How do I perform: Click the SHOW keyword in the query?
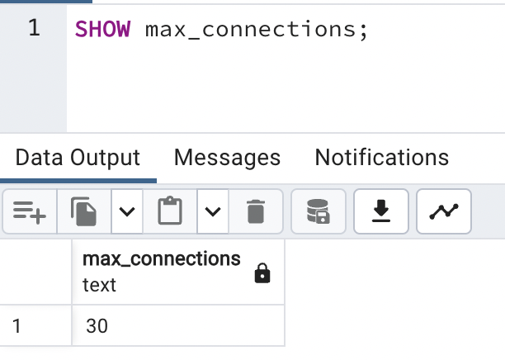click(x=102, y=29)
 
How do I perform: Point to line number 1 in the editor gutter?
click(x=34, y=28)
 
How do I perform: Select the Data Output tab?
click(x=78, y=157)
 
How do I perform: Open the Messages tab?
click(x=227, y=157)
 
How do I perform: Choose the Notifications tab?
click(x=382, y=157)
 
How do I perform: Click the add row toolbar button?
click(x=30, y=211)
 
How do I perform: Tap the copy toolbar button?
click(x=84, y=211)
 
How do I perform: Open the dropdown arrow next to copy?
click(x=126, y=211)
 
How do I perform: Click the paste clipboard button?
click(x=170, y=211)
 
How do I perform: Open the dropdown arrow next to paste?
click(x=213, y=211)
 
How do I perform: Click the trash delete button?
click(x=255, y=211)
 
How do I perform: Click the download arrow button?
click(x=380, y=211)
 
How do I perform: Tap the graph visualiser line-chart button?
click(x=444, y=211)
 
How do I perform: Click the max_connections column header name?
click(x=161, y=258)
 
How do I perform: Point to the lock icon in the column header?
click(x=262, y=273)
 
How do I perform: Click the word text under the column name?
click(x=99, y=285)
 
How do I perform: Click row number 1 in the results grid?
click(x=17, y=326)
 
